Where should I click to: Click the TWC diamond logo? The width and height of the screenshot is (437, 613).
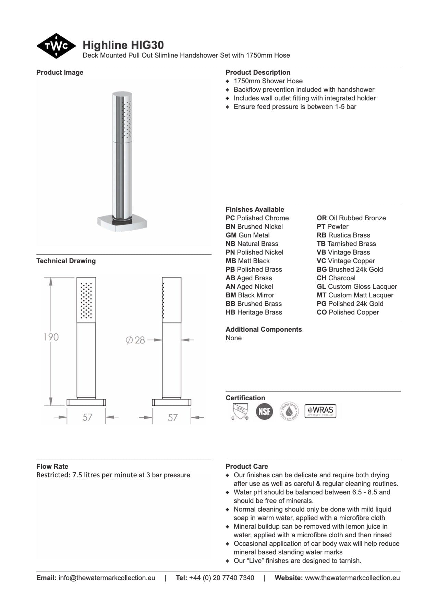tap(56, 46)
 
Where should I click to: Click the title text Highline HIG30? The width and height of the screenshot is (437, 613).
tap(123, 45)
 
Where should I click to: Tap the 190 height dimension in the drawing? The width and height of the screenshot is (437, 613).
tap(51, 337)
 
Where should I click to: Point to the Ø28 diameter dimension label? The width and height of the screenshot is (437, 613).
tap(136, 340)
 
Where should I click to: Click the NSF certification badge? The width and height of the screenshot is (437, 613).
tap(264, 411)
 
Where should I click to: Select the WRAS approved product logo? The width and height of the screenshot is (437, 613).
tap(320, 411)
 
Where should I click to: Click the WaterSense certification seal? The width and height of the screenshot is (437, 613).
tap(289, 411)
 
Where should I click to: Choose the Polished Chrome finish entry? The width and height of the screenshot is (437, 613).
tap(257, 218)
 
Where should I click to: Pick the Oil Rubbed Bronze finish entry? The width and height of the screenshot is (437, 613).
tap(351, 218)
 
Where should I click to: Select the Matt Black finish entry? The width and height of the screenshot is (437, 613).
tap(247, 261)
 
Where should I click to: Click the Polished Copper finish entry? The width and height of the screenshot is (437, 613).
tap(348, 312)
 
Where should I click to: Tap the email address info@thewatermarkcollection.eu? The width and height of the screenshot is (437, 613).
tap(107, 578)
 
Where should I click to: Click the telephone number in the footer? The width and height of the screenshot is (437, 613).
tap(221, 578)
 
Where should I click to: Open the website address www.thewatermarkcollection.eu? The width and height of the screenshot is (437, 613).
tap(352, 578)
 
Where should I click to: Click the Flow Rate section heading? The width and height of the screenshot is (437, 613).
tap(52, 466)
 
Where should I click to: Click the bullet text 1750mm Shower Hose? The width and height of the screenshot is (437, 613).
tap(268, 81)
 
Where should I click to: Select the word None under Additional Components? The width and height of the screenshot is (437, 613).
tap(233, 338)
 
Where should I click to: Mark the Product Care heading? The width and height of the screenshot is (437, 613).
tap(247, 466)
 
